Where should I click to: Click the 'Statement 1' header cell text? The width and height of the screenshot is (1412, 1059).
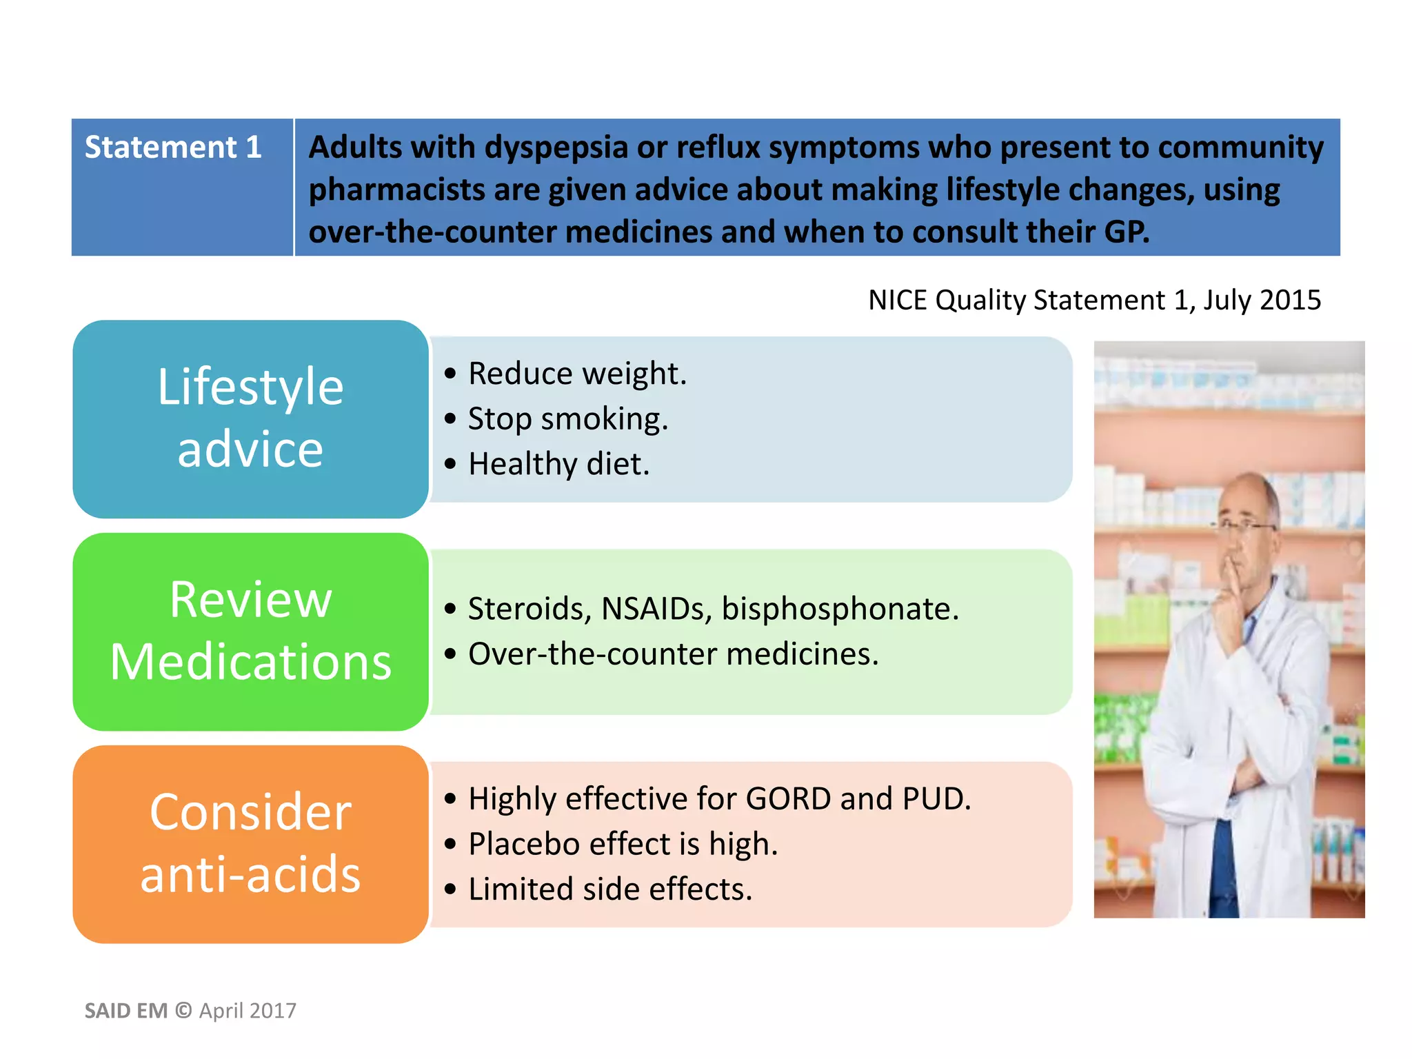pyautogui.click(x=173, y=148)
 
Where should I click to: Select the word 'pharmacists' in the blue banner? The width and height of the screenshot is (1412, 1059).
pyautogui.click(x=396, y=190)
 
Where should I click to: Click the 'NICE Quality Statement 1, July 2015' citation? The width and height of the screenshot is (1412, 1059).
pyautogui.click(x=1094, y=301)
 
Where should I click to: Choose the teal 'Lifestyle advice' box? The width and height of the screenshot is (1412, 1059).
pyautogui.click(x=250, y=418)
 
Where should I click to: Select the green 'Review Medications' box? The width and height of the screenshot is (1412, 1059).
pyautogui.click(x=250, y=631)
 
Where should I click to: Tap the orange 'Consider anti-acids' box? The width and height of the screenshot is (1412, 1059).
pyautogui.click(x=250, y=844)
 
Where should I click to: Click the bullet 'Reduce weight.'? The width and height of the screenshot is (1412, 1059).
pyautogui.click(x=577, y=374)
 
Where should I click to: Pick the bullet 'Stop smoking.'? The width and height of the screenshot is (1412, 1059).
pyautogui.click(x=567, y=419)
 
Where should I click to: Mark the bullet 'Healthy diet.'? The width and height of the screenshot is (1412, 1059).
pyautogui.click(x=558, y=464)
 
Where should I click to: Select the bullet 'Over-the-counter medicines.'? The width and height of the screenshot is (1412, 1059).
pyautogui.click(x=673, y=654)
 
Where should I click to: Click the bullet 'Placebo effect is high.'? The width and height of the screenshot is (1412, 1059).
pyautogui.click(x=623, y=844)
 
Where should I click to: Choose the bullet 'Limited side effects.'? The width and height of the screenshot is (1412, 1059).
pyautogui.click(x=609, y=889)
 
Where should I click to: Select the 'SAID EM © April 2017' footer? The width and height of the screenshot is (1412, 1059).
pyautogui.click(x=190, y=1011)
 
